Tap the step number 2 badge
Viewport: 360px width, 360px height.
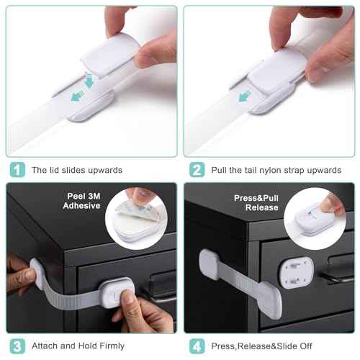[x=197, y=170]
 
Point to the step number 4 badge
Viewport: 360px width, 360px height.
[x=197, y=346]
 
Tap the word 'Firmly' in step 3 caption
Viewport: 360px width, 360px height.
[x=109, y=346]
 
